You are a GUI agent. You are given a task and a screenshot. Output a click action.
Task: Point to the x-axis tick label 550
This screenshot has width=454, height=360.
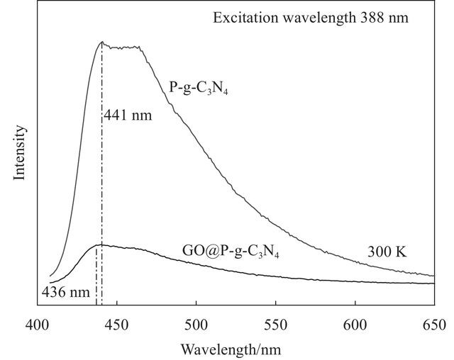[x=275, y=326]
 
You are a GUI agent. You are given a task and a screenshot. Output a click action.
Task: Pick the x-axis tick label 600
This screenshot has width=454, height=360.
[x=354, y=326]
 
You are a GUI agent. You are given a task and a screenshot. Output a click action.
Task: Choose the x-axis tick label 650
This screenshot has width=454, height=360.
[x=433, y=326]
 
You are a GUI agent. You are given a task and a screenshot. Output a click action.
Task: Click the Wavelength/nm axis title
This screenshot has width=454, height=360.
[x=235, y=349]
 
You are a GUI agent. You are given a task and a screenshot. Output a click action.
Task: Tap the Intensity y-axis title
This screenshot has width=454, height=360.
[x=20, y=152]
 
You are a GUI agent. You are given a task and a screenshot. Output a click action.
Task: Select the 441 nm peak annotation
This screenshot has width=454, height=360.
[x=128, y=115]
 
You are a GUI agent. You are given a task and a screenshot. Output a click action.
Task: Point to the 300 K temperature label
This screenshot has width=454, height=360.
[x=387, y=252]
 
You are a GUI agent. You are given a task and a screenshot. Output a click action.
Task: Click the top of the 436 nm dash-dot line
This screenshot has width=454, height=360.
[x=96, y=246]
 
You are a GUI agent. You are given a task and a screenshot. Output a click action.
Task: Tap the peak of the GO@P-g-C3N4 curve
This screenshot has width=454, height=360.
[x=99, y=245]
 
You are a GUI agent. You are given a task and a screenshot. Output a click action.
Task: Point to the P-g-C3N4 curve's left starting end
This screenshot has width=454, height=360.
[x=50, y=276]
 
